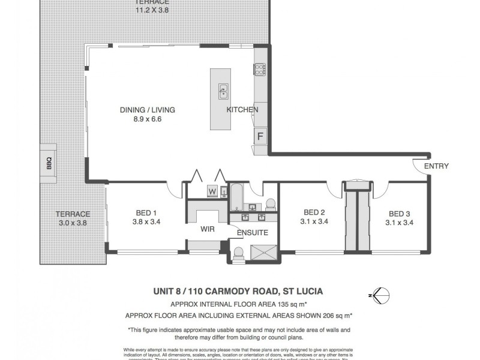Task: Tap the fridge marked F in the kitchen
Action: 260,136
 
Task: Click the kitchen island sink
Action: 223,91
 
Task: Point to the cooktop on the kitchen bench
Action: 261,71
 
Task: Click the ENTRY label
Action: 436,166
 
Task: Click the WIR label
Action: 207,229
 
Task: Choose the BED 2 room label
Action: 314,212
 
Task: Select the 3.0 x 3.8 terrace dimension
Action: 73,223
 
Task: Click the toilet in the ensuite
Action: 239,254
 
